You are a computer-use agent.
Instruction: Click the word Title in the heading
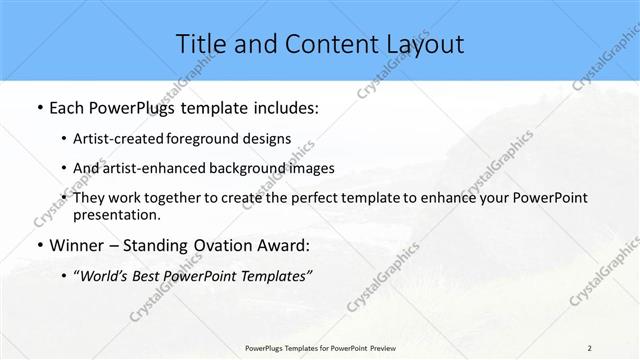tap(200, 43)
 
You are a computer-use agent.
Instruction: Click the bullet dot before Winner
tap(38, 245)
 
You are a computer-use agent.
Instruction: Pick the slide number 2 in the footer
tap(590, 348)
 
